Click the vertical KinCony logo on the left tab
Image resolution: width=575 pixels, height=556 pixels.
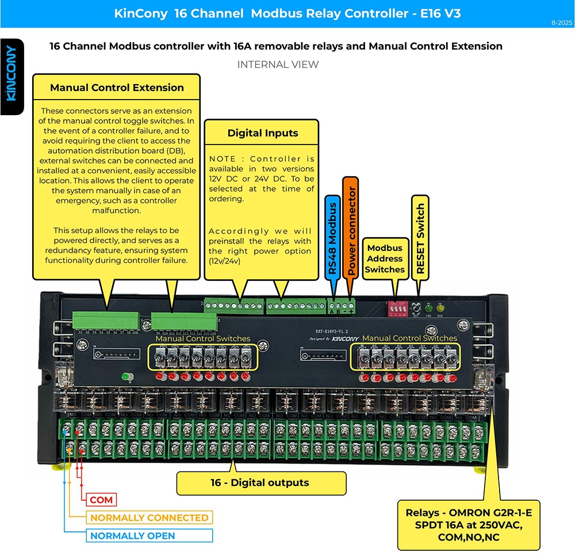pos(11,74)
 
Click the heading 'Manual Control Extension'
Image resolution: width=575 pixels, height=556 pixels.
pos(117,88)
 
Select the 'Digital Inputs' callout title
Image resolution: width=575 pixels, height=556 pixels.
pos(262,133)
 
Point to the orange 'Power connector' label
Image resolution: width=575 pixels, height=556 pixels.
pos(351,228)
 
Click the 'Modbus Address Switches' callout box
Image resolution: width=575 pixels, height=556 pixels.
pos(385,258)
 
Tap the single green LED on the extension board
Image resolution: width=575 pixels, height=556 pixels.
pos(125,377)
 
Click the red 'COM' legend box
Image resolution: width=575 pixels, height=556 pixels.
pos(101,500)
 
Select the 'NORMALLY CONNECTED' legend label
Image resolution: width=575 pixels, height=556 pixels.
pos(149,517)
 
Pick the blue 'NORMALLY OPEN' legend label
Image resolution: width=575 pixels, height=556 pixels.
pos(132,536)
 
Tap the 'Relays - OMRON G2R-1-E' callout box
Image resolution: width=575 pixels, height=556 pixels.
pos(469,525)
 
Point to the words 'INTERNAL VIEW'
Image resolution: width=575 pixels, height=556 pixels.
pos(278,64)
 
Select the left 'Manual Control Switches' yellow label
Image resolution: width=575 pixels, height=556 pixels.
pos(203,338)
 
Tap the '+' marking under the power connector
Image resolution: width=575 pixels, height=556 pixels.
pos(351,311)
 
